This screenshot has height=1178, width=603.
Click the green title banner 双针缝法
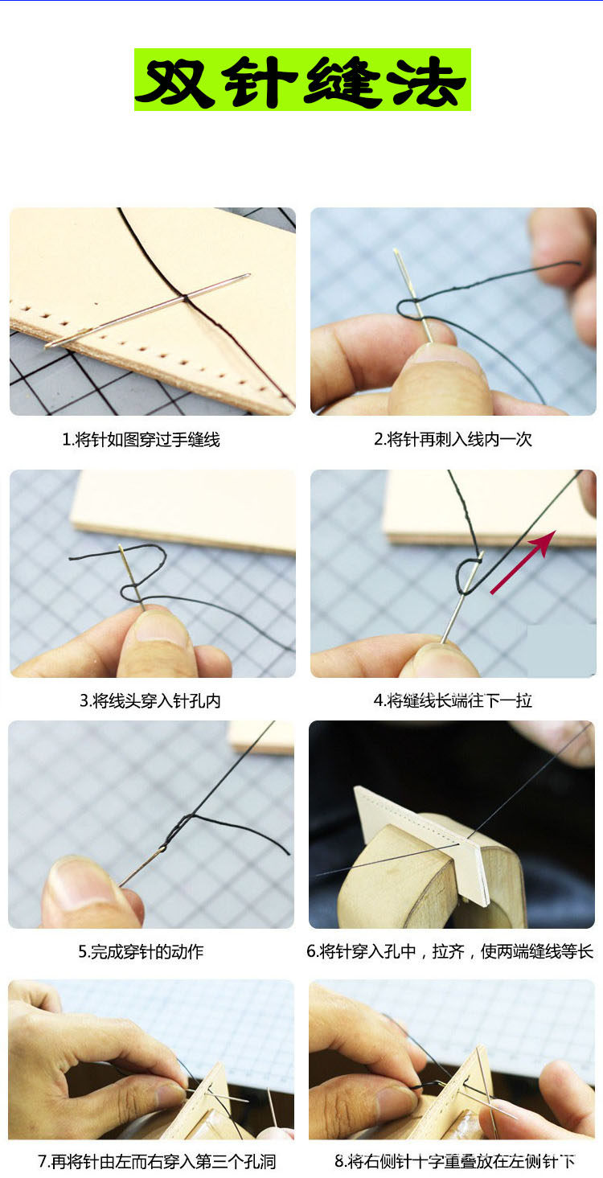(x=302, y=80)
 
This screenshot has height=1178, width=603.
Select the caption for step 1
(x=141, y=439)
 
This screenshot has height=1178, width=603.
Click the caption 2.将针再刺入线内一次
(x=453, y=439)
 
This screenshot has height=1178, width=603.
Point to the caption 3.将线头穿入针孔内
(x=150, y=700)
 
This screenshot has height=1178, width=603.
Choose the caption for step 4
(x=453, y=700)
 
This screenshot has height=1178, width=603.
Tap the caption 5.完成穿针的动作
(x=141, y=951)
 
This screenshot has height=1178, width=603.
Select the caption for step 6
(x=450, y=951)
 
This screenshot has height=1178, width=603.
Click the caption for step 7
(x=157, y=1161)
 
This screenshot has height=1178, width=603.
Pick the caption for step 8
(x=455, y=1161)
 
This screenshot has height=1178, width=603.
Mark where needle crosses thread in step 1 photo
(x=186, y=298)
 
